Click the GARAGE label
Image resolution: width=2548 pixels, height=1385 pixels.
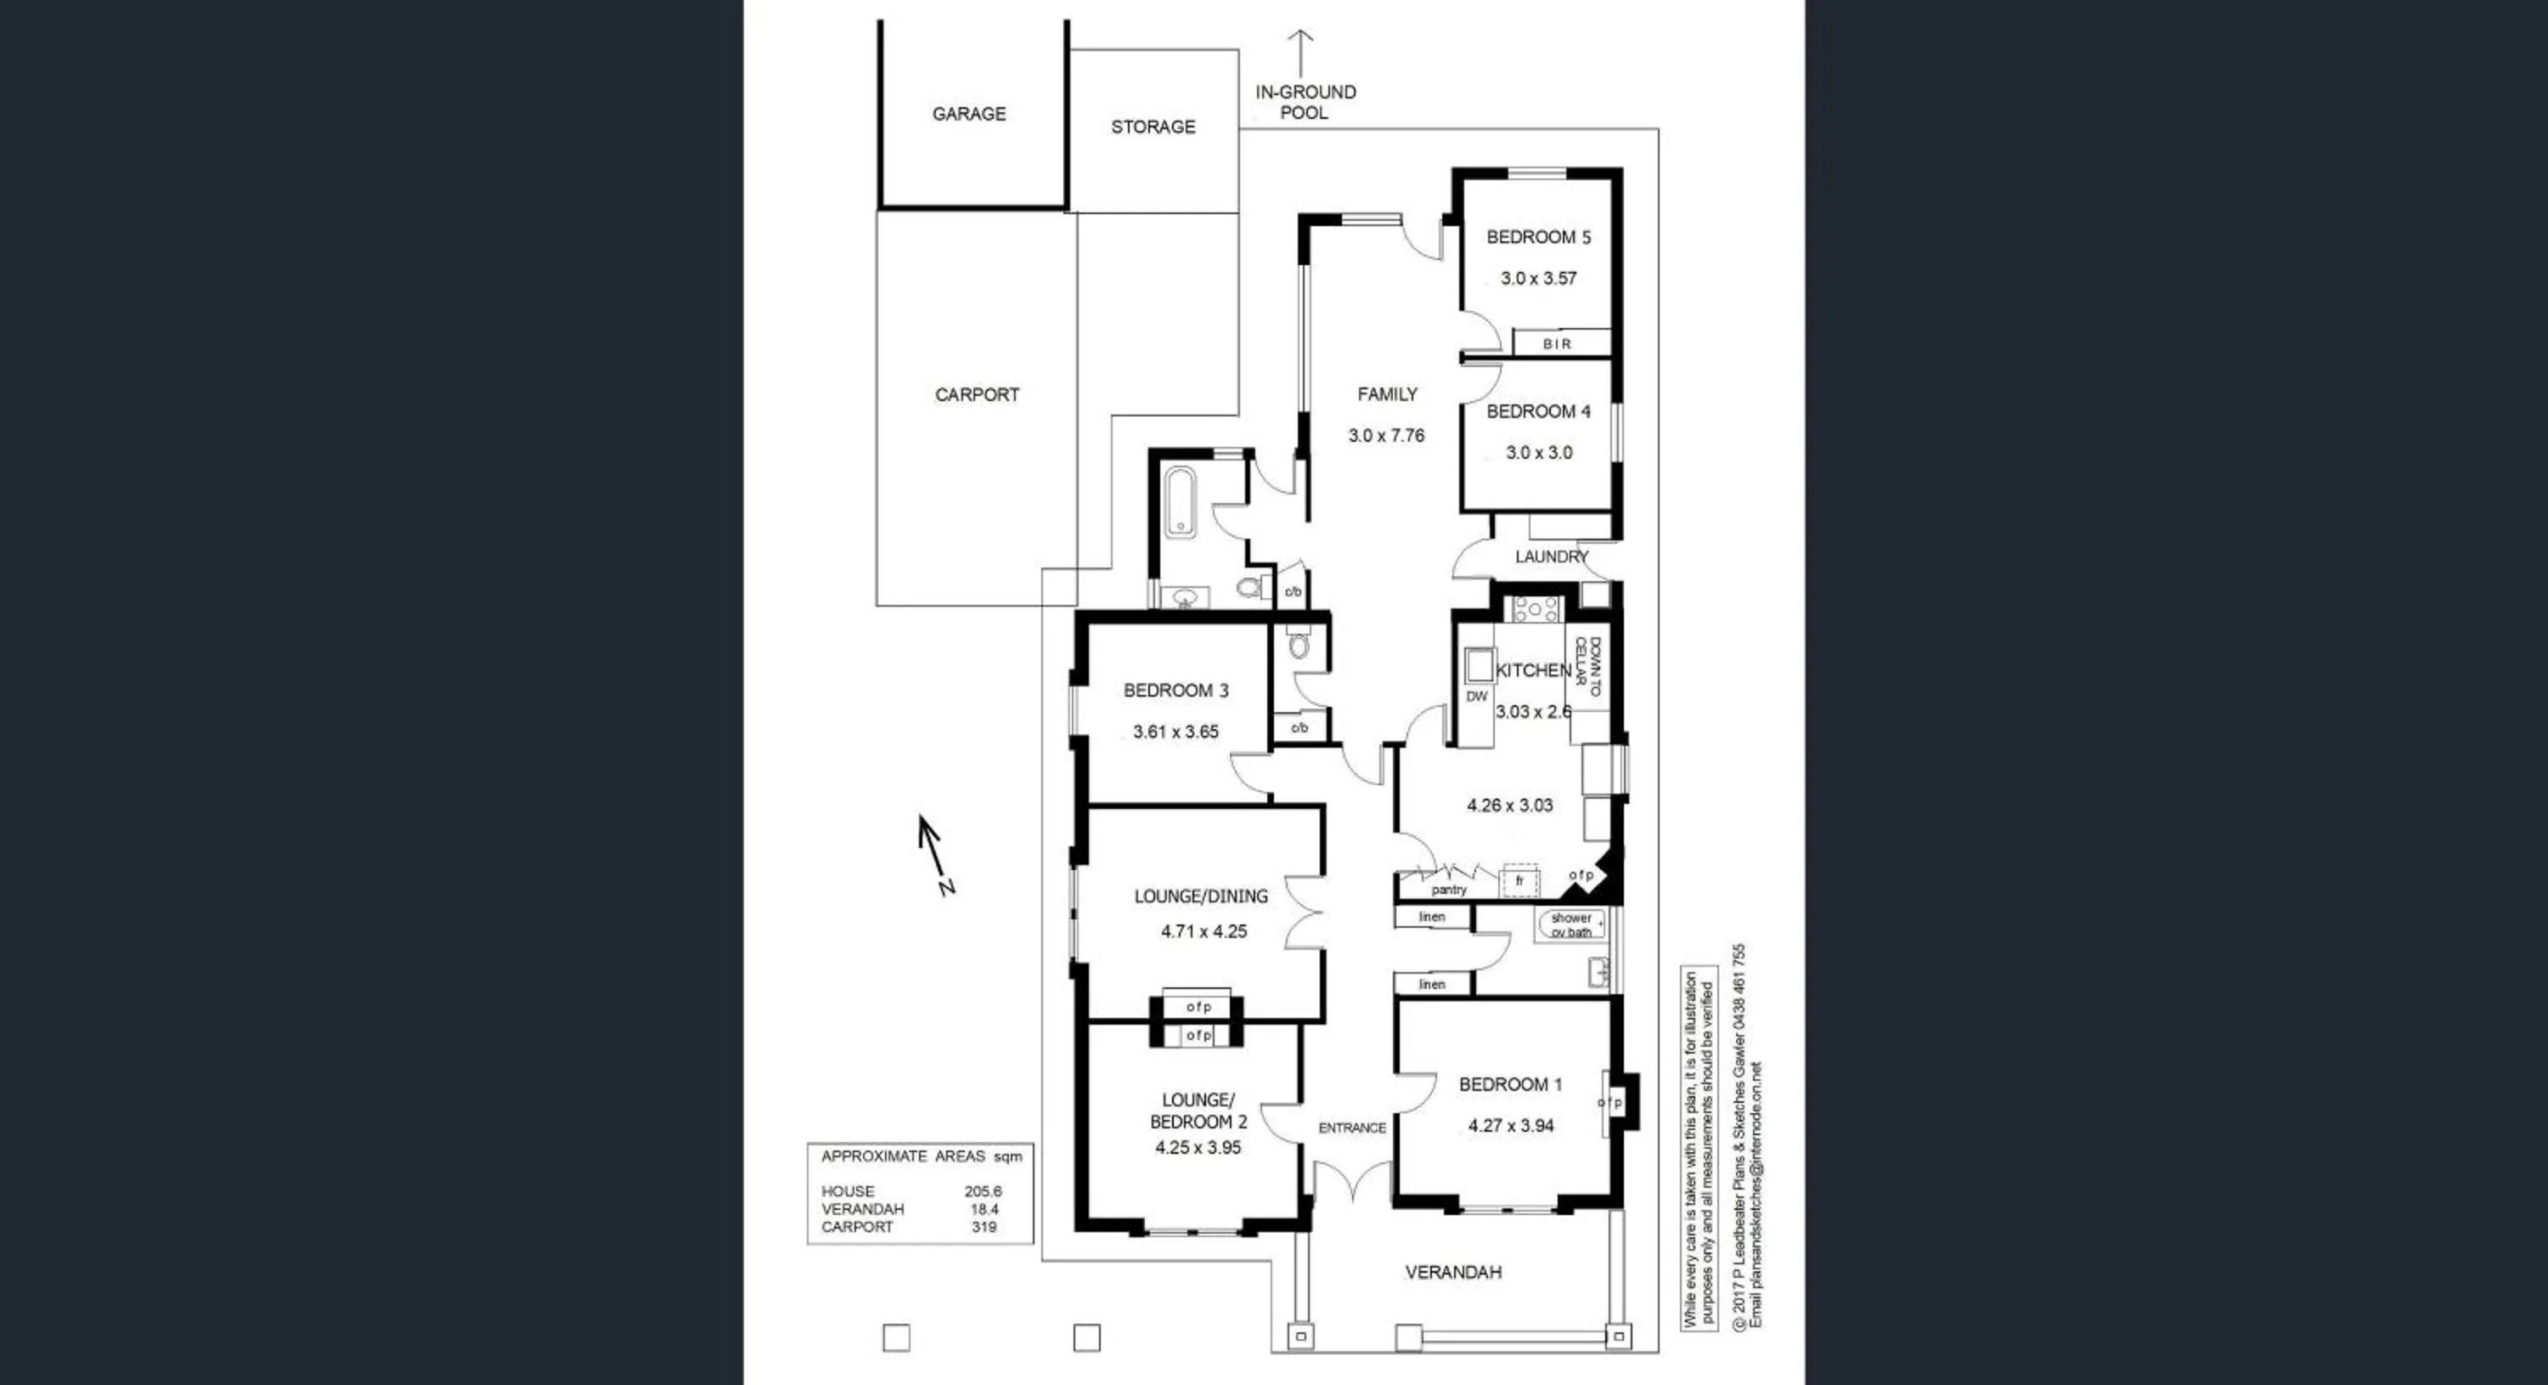coord(968,114)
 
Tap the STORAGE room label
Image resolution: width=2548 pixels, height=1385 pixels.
coord(1153,127)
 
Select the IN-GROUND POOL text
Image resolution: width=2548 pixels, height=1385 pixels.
coord(1305,102)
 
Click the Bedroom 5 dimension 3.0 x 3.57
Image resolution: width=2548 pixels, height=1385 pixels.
coord(1538,279)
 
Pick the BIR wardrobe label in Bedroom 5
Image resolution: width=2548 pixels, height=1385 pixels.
coord(1557,344)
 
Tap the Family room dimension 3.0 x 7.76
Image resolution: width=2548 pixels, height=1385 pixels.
coord(1386,435)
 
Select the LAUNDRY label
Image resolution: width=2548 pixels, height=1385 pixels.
coord(1551,557)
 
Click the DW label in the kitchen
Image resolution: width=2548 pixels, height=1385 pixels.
coord(1476,697)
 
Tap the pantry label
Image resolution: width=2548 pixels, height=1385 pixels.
coord(1448,890)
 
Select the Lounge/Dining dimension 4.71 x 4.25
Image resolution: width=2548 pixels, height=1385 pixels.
coord(1203,932)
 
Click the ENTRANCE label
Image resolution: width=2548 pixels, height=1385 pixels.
coord(1351,1128)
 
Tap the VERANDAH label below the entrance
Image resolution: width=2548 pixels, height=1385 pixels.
coord(1453,1272)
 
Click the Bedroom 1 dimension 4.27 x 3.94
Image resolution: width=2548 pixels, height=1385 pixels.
coord(1510,1126)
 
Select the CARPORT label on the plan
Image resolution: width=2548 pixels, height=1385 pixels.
coord(976,395)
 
